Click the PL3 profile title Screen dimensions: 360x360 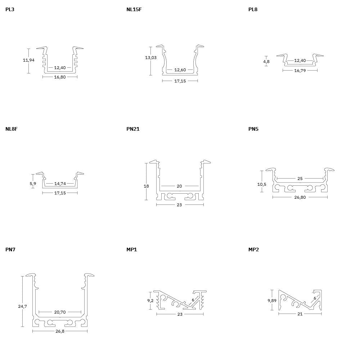click(10, 9)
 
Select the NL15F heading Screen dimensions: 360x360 click(134, 9)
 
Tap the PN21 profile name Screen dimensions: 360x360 click(133, 129)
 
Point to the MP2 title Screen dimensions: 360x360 click(253, 249)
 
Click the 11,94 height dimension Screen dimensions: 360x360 click(29, 60)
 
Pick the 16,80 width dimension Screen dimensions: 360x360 click(60, 77)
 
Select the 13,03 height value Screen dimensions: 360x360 click(151, 58)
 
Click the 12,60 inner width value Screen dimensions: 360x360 click(180, 70)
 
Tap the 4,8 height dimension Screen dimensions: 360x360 click(266, 62)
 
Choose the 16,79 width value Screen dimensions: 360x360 click(300, 71)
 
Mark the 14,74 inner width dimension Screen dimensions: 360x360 click(60, 184)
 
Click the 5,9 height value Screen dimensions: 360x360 click(33, 184)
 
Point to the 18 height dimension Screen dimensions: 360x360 click(146, 186)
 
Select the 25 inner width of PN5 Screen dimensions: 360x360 click(300, 179)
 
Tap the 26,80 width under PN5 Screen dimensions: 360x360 click(300, 197)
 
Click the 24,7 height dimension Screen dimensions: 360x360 click(22, 306)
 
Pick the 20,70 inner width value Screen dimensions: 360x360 click(60, 312)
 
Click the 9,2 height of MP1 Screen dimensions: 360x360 click(150, 301)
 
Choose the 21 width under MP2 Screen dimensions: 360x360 click(300, 314)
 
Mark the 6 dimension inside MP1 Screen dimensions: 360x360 click(193, 300)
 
